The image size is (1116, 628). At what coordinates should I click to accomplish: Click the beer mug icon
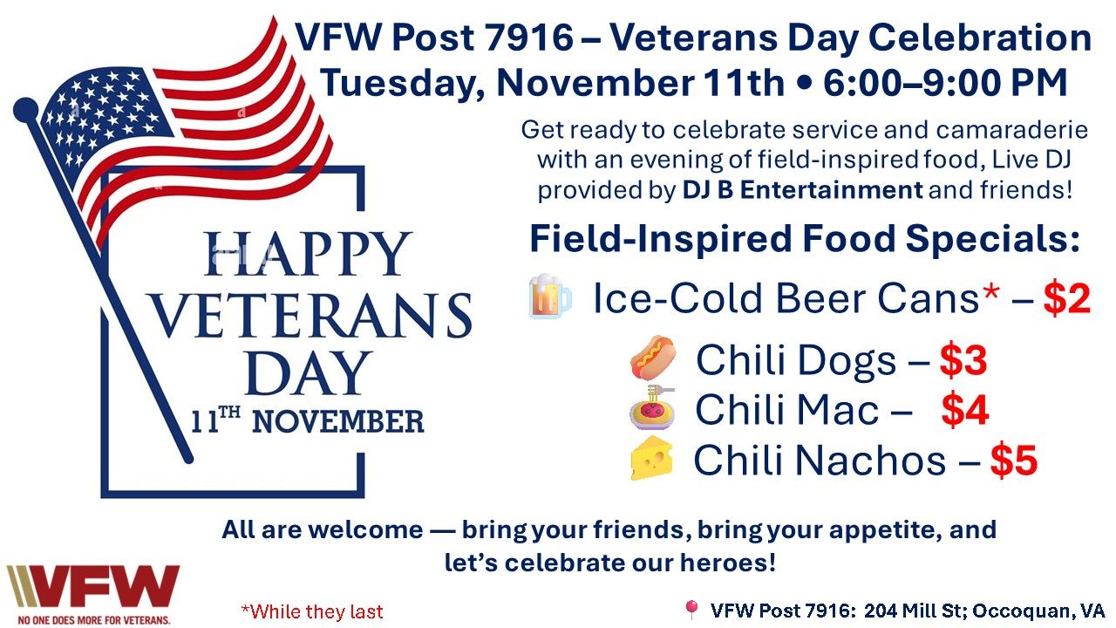tap(549, 296)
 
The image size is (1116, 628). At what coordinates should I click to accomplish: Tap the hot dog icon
tap(653, 358)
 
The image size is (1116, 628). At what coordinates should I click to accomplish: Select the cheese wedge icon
tap(651, 459)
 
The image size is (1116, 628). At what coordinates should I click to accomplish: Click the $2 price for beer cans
tap(1067, 298)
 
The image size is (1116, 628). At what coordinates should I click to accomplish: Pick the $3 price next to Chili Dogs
tap(963, 360)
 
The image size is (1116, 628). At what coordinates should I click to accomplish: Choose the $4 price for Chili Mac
tap(965, 410)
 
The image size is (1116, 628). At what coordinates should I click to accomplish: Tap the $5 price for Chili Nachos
tap(1014, 461)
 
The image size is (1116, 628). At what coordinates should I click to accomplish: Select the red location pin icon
tap(691, 609)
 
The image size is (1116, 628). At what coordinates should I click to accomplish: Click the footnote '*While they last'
tap(312, 611)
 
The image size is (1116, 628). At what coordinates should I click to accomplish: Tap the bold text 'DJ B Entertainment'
tap(802, 190)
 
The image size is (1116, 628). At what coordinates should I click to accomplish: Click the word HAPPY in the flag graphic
tap(308, 254)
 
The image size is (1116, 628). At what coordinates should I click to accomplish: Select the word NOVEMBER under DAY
tap(338, 421)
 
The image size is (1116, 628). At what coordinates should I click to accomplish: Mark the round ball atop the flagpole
tap(26, 110)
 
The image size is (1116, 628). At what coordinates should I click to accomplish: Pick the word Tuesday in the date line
tap(402, 84)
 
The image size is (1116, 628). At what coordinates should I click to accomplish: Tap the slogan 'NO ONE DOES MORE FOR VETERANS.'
tap(94, 620)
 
